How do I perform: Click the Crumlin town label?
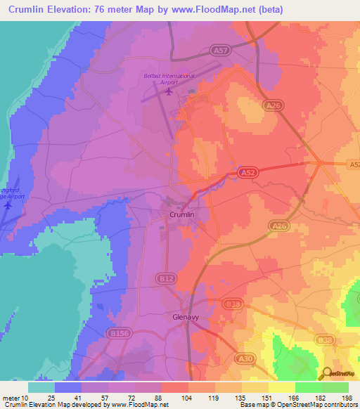181,214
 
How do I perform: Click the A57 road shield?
220,50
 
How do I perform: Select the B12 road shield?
166,280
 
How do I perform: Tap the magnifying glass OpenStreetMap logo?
327,373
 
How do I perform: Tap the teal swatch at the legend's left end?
41,387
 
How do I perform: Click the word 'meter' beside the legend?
11,398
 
